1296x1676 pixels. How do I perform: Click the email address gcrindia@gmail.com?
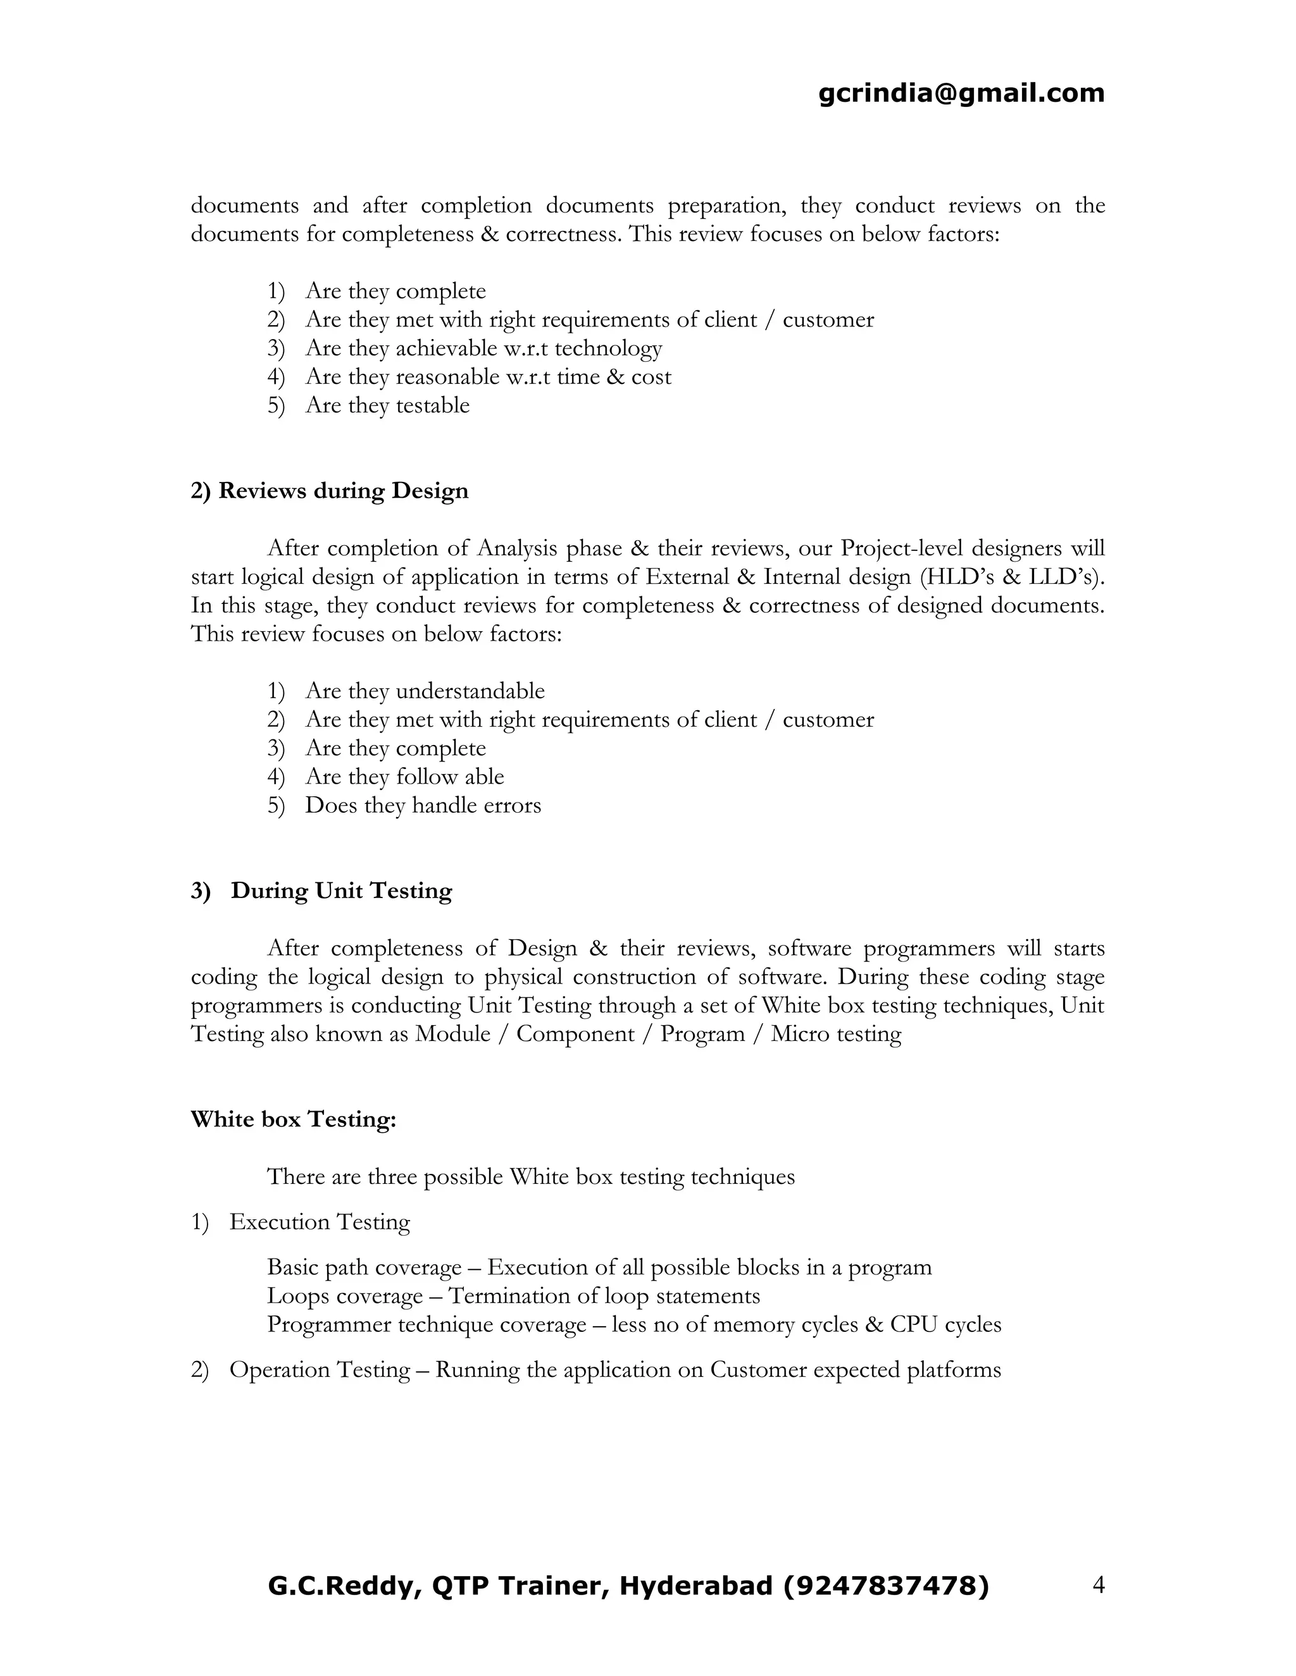961,94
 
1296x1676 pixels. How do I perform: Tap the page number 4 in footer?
1098,1585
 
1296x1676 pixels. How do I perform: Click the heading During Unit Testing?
341,891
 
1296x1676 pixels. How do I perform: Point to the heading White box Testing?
293,1119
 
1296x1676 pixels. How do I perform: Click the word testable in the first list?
432,405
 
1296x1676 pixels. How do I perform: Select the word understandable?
470,691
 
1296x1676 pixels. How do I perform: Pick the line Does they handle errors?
423,806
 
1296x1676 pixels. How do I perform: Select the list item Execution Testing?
320,1223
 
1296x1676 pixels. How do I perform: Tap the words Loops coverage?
345,1296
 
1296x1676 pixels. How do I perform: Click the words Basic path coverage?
364,1267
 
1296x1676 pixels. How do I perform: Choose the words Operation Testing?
320,1370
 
